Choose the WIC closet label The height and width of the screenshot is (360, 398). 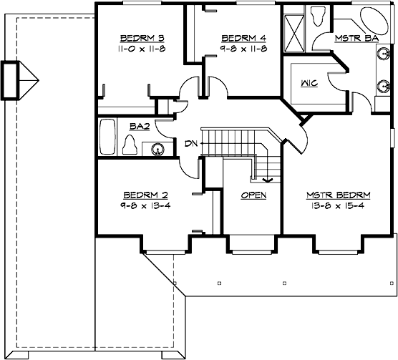coord(310,83)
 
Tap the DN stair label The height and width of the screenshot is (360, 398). coord(190,144)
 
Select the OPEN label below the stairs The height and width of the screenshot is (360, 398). coord(253,195)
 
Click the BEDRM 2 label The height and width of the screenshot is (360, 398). coord(145,195)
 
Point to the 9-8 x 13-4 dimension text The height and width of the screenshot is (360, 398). coord(145,205)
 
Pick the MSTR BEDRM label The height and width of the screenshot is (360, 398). coord(339,195)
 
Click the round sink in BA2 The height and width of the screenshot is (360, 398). coord(157,149)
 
